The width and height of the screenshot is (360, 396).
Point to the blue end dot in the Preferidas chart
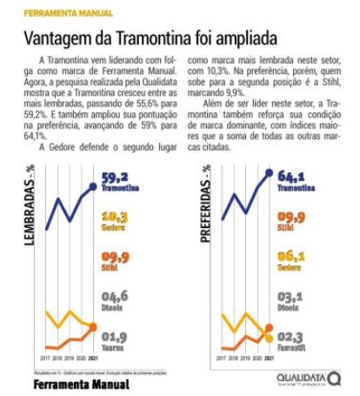[268, 173]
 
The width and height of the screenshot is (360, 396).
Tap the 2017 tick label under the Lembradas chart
[42, 357]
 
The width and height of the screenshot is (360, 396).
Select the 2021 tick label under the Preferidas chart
[268, 357]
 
